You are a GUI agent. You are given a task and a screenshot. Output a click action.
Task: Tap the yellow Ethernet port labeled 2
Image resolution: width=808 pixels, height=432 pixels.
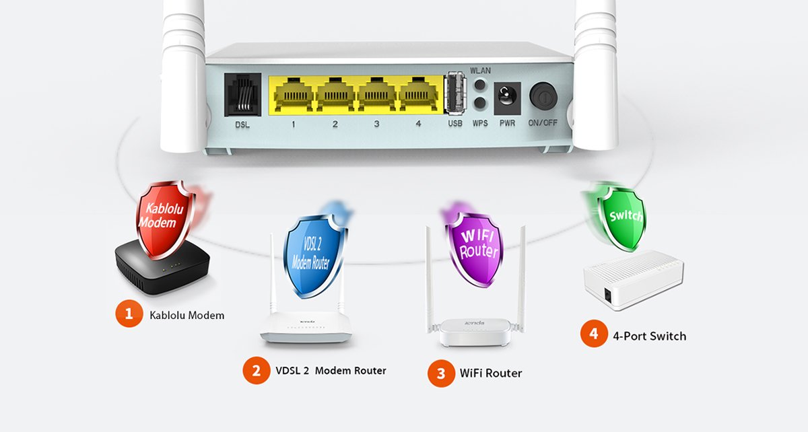335,95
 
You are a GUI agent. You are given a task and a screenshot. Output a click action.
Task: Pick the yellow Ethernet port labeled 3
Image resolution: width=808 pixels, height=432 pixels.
377,95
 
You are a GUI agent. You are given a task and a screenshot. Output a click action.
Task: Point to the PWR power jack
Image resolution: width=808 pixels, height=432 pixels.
506,98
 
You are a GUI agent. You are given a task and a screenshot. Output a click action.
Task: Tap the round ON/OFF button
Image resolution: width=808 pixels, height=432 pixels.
543,97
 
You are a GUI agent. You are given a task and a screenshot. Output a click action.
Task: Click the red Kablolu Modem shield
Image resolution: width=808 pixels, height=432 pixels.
164,215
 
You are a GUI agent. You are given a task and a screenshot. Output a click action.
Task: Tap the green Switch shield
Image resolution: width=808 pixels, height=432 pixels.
623,215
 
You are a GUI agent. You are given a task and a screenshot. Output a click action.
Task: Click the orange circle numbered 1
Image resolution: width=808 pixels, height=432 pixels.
129,314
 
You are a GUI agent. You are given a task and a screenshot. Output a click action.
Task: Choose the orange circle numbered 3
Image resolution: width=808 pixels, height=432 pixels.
441,373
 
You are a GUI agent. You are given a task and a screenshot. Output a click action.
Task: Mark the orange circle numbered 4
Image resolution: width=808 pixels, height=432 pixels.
594,334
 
